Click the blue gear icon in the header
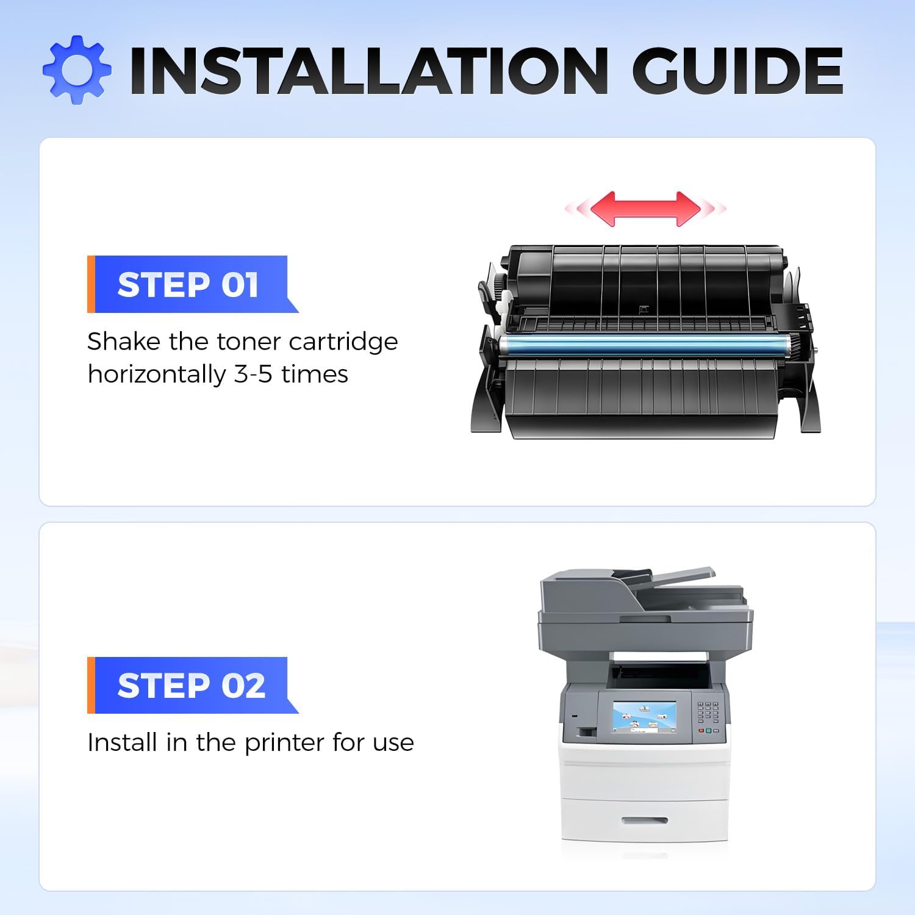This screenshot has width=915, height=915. (77, 70)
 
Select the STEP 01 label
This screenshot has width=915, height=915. (188, 285)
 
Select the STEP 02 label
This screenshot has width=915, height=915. (192, 686)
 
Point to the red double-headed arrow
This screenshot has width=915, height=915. (645, 209)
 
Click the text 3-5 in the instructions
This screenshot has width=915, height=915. (253, 375)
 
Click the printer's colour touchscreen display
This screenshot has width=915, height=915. (644, 717)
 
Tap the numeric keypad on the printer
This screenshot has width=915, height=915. (708, 711)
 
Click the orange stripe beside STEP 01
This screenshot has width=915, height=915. (91, 284)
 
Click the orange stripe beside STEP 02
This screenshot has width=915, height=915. (91, 685)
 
